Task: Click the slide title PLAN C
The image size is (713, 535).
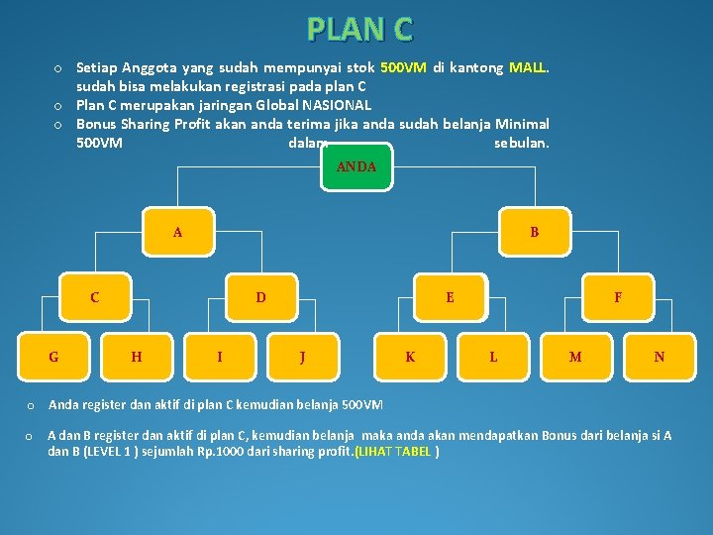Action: tap(359, 29)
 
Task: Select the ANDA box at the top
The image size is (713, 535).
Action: tap(356, 166)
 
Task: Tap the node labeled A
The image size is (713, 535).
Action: tap(177, 233)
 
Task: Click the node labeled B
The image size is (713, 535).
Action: tap(534, 233)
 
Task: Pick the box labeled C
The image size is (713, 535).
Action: tap(94, 296)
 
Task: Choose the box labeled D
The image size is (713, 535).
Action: tap(260, 296)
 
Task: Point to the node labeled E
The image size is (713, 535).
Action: tap(450, 296)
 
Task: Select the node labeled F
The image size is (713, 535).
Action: tap(618, 296)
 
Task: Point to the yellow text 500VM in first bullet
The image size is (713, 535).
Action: tap(403, 68)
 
